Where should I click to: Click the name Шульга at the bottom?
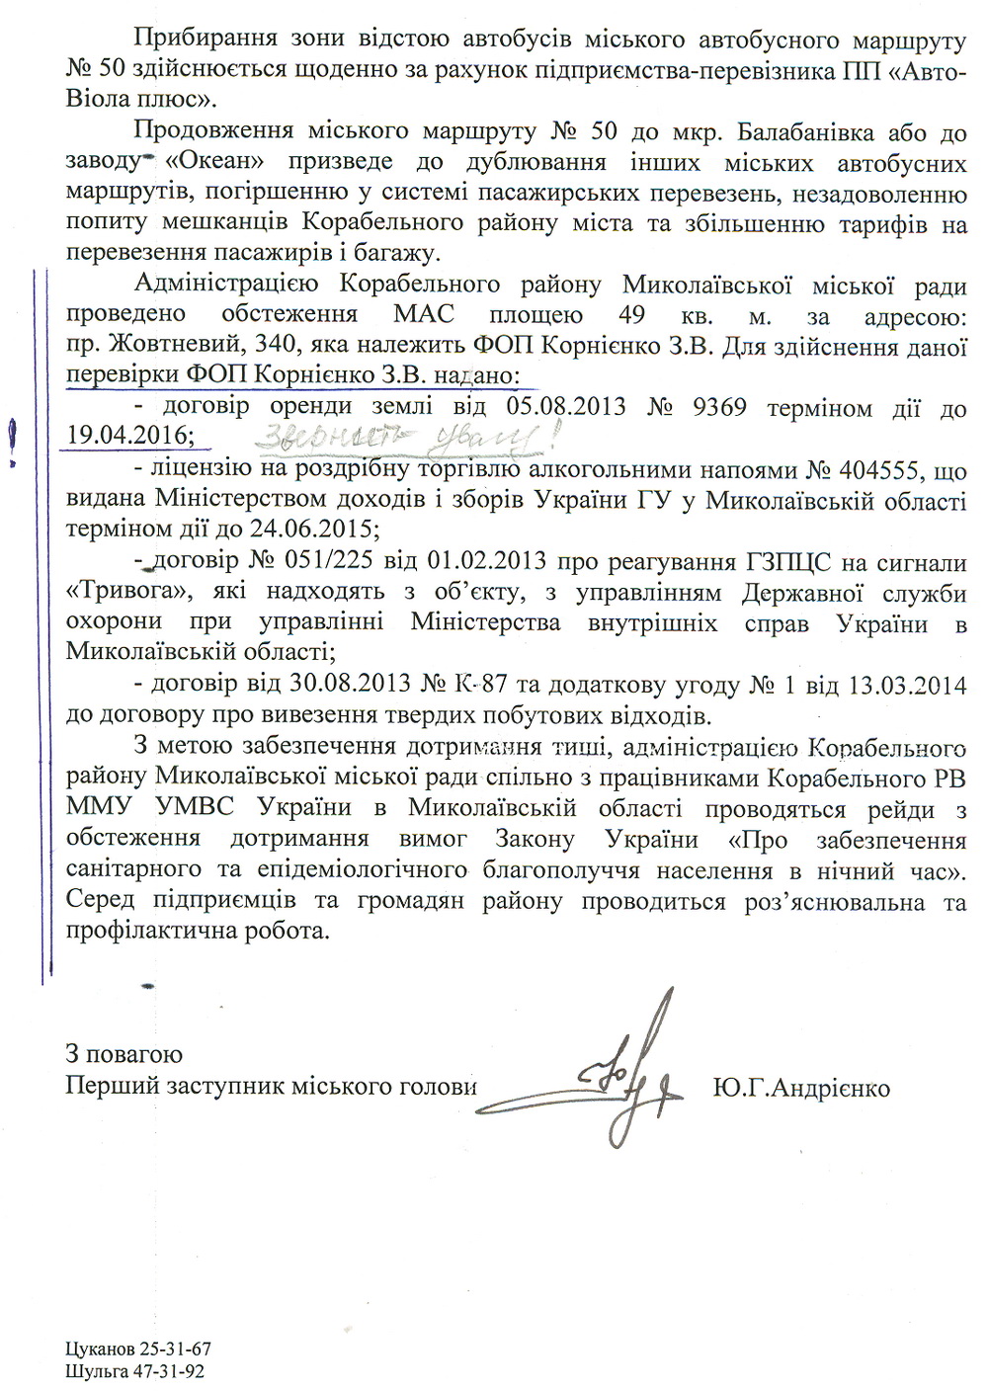tap(95, 1371)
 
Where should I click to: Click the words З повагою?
tap(123, 1054)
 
